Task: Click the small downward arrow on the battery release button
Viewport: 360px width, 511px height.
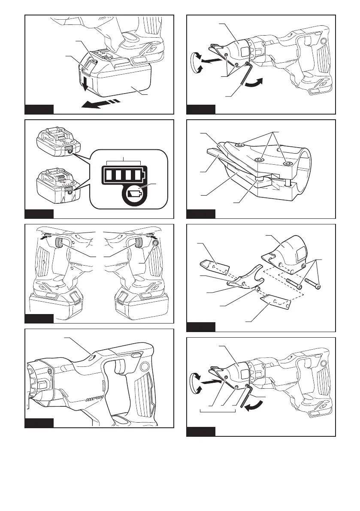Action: tap(85, 85)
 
